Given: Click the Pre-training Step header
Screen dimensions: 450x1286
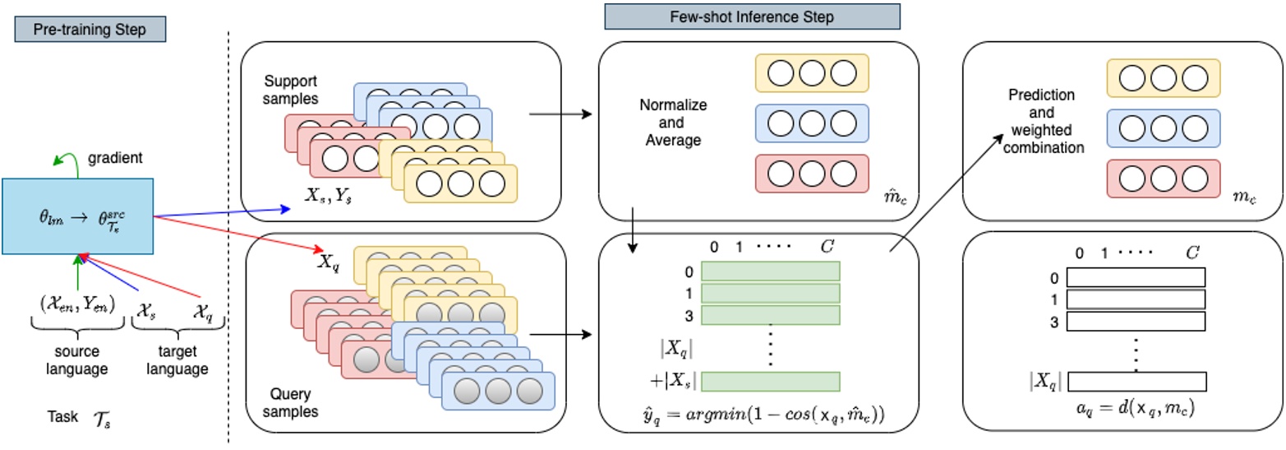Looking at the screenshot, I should pyautogui.click(x=90, y=29).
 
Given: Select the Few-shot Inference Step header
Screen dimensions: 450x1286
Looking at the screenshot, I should pyautogui.click(x=752, y=16).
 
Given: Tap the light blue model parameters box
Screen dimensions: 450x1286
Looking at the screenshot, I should pyautogui.click(x=79, y=216).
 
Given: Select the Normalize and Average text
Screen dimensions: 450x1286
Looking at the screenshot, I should pyautogui.click(x=673, y=123).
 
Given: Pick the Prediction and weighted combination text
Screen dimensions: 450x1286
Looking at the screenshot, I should pyautogui.click(x=1046, y=122).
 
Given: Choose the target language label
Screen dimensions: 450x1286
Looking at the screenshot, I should pyautogui.click(x=177, y=361).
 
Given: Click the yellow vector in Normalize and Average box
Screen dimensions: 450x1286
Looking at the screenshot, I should pyautogui.click(x=811, y=74).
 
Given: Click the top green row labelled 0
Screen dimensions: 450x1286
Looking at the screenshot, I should pyautogui.click(x=770, y=271).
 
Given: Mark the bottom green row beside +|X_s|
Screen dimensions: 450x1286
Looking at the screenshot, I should pyautogui.click(x=770, y=381).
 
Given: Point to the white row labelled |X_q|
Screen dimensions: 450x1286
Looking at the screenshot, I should pyautogui.click(x=1137, y=381).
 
